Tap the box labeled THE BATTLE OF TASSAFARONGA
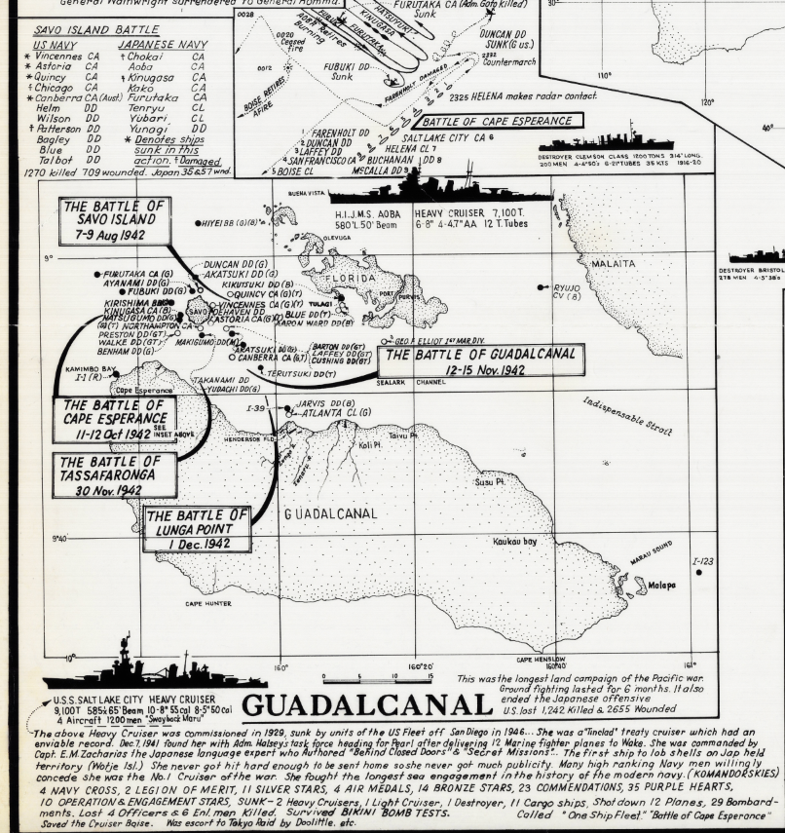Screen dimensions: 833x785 [116, 474]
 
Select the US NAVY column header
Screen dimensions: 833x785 [54, 45]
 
